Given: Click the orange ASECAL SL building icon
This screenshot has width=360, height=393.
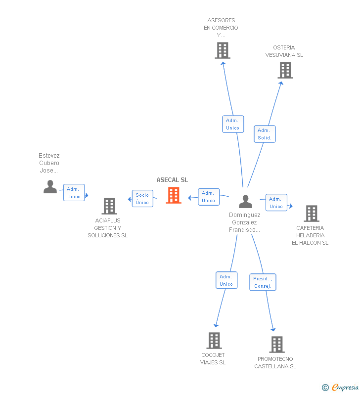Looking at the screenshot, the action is (x=174, y=195).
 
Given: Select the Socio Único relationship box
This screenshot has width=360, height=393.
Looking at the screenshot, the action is (x=142, y=199).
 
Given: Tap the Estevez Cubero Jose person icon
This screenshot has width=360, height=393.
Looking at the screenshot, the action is (x=50, y=187).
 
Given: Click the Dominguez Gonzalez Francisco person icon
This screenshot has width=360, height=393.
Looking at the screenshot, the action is (x=245, y=202).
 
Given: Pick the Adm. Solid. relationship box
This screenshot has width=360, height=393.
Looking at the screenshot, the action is (x=265, y=134).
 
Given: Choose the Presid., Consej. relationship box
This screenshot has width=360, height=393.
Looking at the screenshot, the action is (x=263, y=282).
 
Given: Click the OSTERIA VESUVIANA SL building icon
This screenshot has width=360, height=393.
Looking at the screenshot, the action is (x=285, y=70).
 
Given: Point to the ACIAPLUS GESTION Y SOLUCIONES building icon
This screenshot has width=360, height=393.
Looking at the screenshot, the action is (x=109, y=206).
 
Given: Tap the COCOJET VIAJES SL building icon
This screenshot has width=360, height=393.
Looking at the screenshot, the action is (x=214, y=341).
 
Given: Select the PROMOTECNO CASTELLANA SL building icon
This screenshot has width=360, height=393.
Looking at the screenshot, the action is (x=277, y=345).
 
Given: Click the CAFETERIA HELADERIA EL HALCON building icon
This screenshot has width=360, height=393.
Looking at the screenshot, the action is (x=312, y=214).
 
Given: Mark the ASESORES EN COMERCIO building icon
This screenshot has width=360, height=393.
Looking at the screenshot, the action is (x=223, y=50).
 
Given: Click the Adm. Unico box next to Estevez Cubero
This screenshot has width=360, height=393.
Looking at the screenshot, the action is (x=74, y=192).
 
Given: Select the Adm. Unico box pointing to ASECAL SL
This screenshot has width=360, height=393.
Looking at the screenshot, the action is (x=209, y=197).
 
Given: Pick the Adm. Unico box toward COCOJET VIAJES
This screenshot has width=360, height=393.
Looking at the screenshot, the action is (x=226, y=280).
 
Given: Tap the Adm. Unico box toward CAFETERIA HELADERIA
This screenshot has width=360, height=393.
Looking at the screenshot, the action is (x=276, y=203).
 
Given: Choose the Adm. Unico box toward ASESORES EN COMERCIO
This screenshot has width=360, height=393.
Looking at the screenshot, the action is (x=233, y=124).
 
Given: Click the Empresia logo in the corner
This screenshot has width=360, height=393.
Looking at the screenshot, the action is (x=341, y=388).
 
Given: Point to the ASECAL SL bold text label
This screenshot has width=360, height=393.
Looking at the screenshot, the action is (x=172, y=180).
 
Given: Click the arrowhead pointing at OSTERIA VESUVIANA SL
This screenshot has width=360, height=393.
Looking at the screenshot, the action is (x=281, y=83).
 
